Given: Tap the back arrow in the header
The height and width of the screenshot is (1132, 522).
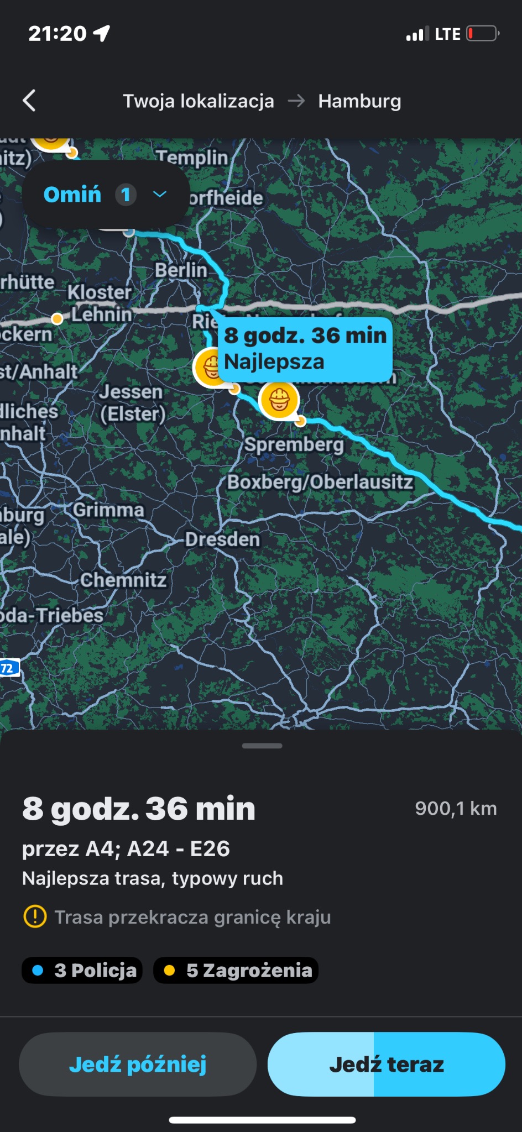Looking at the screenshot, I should pos(29,101).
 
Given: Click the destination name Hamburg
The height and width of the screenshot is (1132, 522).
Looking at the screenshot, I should pos(359,101).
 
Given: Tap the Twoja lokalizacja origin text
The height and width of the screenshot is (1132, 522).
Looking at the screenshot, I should pos(198,101).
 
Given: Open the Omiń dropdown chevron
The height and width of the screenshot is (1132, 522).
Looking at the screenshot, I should pos(160,194).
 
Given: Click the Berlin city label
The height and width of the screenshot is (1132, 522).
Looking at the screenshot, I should pos(180,270).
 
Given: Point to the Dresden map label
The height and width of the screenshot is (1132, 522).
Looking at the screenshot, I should pos(222,539).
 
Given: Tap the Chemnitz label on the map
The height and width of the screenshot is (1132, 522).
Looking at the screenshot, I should pos(123,580).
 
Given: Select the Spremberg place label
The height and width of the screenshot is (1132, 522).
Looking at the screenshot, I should pos(294,444).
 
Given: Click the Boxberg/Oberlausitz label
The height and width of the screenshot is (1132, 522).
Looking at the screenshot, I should pos(320,481).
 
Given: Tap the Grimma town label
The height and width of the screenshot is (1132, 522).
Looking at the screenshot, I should pos(108,510).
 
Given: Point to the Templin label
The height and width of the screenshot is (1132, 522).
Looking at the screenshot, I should pos(192,158).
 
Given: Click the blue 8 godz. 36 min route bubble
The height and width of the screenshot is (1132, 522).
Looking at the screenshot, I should pos(305,348).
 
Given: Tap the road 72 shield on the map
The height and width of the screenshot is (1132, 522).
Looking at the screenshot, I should pos(8,668).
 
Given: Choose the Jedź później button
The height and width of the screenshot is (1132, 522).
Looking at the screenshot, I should pos(138,1064).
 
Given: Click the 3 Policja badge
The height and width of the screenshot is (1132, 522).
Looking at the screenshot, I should pos(82,970).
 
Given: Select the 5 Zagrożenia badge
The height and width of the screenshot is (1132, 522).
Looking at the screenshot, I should pos(236,970).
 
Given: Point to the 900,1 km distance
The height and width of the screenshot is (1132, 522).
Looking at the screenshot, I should pos(456,808).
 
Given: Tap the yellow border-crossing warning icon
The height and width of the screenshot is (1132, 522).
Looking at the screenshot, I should pos(35,917).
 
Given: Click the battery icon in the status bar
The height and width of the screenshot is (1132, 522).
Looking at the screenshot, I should pos(482,34).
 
